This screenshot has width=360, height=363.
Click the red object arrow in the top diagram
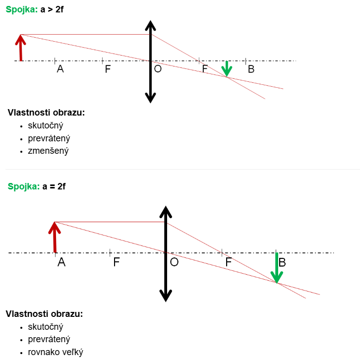tap(20, 48)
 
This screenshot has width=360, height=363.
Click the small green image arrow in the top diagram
tap(227, 69)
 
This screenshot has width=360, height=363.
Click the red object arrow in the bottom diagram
tap(55, 238)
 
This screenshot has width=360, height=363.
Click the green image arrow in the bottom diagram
tap(277, 268)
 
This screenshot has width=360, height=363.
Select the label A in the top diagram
tap(60, 69)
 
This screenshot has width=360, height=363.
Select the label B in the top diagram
tap(251, 69)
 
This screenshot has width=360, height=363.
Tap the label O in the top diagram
tap(158, 69)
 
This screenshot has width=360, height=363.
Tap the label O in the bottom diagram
tap(174, 262)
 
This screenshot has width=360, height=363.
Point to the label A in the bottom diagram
tap(61, 262)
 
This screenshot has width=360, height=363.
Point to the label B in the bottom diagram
tap(282, 262)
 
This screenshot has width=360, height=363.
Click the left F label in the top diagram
tap(108, 69)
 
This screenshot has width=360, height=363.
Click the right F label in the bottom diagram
tap(229, 262)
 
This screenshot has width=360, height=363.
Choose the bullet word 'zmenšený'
tap(48, 151)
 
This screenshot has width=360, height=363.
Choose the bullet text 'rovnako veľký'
tap(56, 352)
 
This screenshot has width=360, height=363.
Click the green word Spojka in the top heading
tap(21, 9)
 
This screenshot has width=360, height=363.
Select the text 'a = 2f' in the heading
tap(54, 186)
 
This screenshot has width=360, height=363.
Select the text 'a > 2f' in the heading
tap(52, 9)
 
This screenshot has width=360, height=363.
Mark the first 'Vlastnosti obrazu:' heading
tap(46, 113)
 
